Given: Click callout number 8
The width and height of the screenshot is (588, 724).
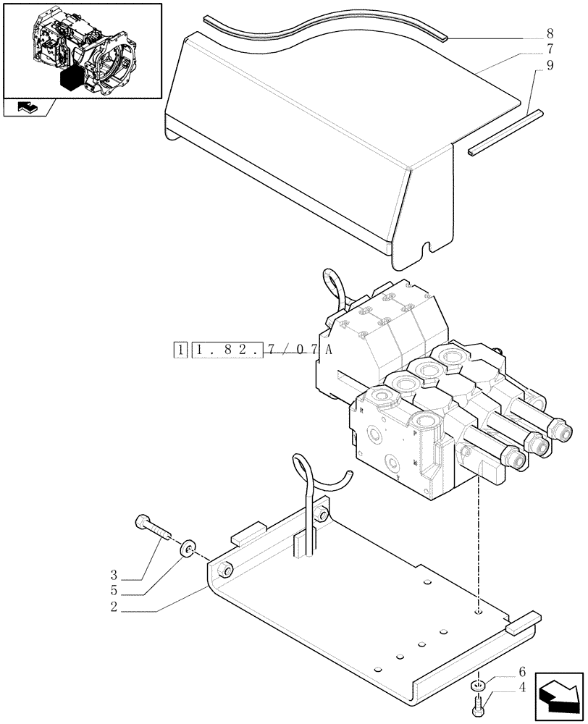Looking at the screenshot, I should tap(550, 33).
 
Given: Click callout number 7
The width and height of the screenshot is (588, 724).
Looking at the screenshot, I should tap(550, 49).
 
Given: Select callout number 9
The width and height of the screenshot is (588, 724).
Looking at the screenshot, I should tap(550, 65).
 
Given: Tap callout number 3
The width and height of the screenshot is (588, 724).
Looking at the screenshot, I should tap(114, 576).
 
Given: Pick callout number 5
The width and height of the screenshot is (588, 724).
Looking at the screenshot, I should tap(114, 592).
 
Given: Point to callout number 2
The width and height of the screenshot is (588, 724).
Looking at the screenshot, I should tap(114, 608).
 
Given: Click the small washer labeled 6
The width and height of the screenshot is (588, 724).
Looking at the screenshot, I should tap(476, 686).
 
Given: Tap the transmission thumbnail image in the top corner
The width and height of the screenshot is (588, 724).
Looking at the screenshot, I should tap(81, 49).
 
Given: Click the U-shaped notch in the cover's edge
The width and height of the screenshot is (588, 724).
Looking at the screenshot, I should tap(431, 247).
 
